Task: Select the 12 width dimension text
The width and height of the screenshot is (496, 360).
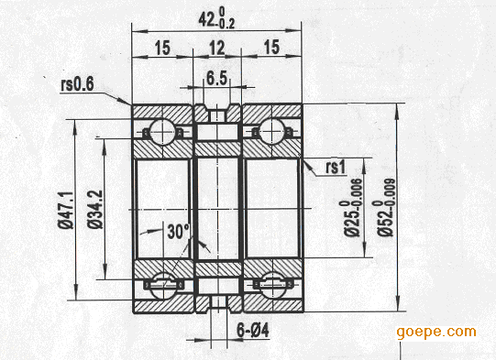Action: coord(217,46)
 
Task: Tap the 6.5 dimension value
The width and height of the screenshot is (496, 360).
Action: coord(217,79)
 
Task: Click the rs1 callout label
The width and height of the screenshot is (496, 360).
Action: coord(335,168)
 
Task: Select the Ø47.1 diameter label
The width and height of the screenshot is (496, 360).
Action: coord(65,209)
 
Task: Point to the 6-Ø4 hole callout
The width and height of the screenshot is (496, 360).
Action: coord(228,331)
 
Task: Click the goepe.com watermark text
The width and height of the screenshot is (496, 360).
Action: coord(436,332)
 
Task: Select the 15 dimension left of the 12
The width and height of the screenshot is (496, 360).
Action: coord(162,46)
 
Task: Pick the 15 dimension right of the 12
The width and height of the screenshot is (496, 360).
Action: coord(272,46)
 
